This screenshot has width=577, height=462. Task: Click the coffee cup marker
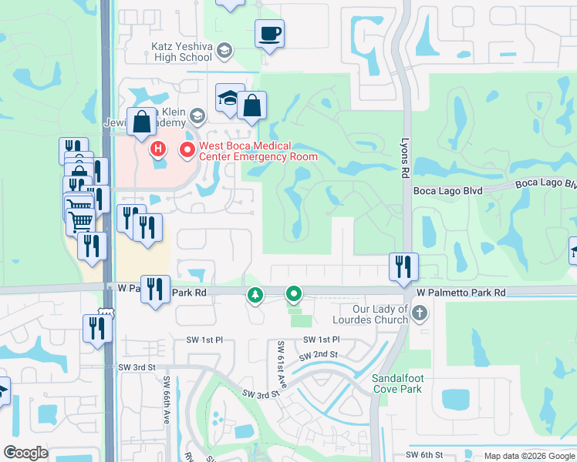[x=269, y=34]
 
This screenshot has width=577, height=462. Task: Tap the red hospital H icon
[x=158, y=148]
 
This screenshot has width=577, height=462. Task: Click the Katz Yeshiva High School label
[x=181, y=52]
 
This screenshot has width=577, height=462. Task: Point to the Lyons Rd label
[x=403, y=159]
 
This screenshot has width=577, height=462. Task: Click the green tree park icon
[x=255, y=294]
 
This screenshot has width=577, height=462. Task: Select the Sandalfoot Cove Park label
[x=396, y=383]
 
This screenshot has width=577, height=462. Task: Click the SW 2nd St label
[x=319, y=354]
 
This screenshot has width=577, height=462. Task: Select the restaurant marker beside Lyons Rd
[x=403, y=266]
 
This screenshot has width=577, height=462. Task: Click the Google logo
[x=25, y=453]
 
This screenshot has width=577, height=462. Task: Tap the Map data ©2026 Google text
[x=528, y=457]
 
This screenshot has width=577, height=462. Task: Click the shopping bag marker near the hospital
[x=142, y=122]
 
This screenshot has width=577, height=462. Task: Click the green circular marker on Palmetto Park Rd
[x=294, y=293]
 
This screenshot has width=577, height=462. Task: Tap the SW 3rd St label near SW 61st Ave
[x=259, y=393]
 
